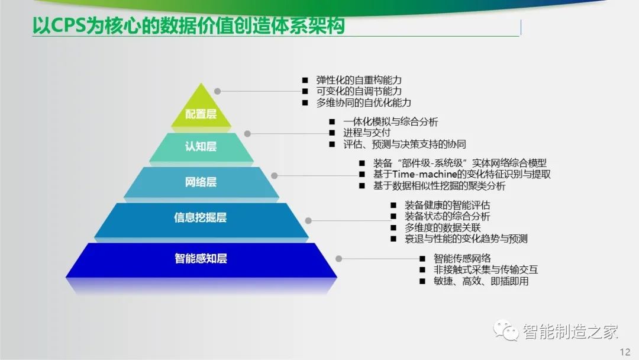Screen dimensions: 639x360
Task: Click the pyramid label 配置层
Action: pos(201,114)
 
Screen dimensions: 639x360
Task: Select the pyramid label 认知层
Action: pos(201,146)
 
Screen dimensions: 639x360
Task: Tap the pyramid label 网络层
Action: pos(201,182)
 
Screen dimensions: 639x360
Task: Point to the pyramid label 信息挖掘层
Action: pos(201,217)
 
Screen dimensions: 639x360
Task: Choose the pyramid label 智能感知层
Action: pos(201,259)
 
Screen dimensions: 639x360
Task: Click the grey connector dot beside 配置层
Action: pos(218,91)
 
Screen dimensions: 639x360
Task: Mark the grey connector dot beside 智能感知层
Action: pos(338,259)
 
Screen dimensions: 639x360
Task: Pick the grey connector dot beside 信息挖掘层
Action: pos(308,221)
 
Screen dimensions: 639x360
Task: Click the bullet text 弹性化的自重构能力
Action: pos(359,80)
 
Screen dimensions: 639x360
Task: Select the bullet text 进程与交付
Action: pos(367,133)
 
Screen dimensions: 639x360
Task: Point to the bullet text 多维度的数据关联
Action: pos(443,227)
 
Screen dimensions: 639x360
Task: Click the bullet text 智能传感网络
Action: pos(462,259)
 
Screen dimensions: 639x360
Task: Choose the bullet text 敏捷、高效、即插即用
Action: pos(481,281)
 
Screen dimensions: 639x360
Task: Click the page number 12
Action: pos(625,352)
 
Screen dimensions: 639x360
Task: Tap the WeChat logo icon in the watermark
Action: pos(505,329)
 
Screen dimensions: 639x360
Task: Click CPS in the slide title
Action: pos(68,25)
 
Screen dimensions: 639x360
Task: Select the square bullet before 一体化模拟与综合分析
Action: pos(332,121)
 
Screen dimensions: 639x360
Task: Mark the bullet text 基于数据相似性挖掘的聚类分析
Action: pos(439,186)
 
